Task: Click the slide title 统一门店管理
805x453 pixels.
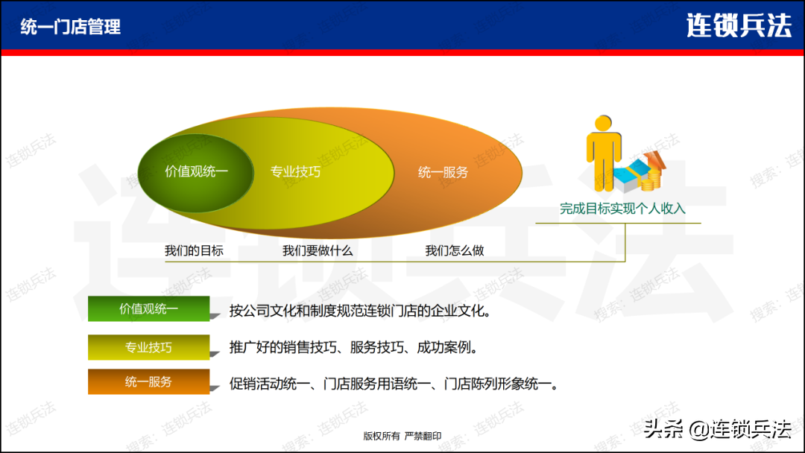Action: click(71, 27)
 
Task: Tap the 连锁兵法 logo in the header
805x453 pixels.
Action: click(739, 25)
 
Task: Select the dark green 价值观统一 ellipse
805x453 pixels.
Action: click(195, 174)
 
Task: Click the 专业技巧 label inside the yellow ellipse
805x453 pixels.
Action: click(295, 171)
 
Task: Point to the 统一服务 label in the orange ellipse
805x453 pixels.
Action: click(443, 172)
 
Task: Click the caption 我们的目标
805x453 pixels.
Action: click(194, 250)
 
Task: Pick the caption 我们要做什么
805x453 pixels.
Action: click(318, 250)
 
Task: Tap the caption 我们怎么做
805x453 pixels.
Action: click(455, 250)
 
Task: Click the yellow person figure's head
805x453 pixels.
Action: click(603, 123)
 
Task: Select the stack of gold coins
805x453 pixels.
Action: click(652, 180)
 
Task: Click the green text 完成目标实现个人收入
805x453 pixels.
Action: click(622, 209)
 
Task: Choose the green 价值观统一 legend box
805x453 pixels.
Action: click(149, 309)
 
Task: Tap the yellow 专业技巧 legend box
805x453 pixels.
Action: click(149, 347)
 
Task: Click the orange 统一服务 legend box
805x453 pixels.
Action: click(149, 381)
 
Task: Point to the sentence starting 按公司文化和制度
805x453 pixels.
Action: click(360, 311)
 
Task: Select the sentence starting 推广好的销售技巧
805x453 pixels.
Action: click(354, 347)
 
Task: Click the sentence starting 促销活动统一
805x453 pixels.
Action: click(394, 384)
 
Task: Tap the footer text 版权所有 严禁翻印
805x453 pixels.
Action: click(402, 436)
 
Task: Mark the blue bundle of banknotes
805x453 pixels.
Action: click(633, 174)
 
